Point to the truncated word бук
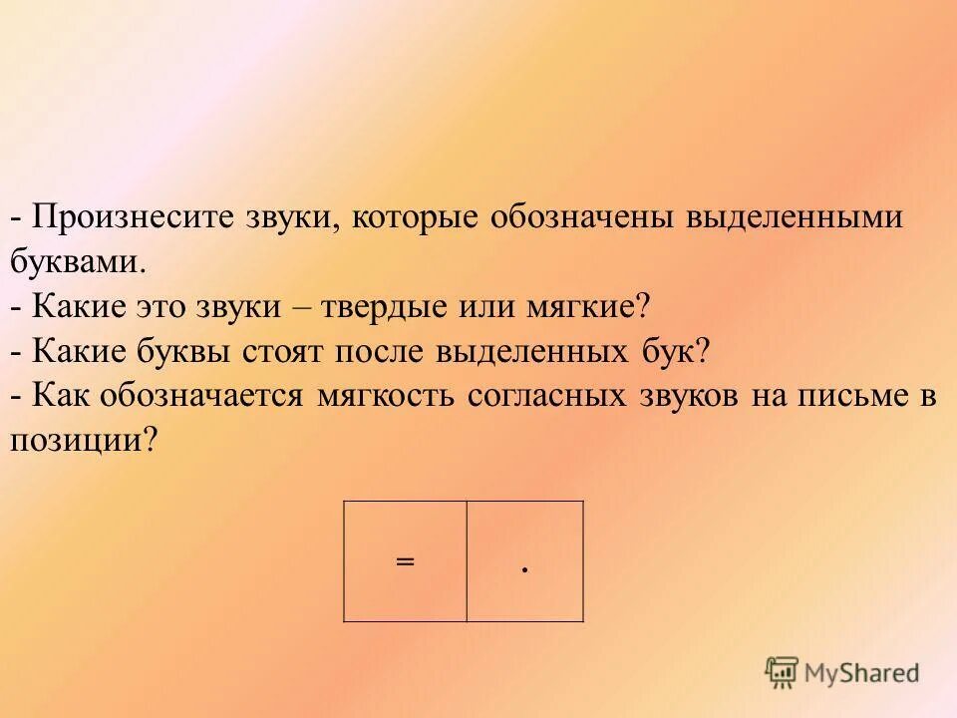click(675, 351)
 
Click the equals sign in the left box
click(404, 561)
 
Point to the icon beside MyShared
click(782, 672)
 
